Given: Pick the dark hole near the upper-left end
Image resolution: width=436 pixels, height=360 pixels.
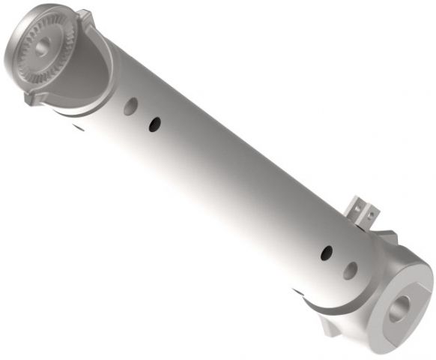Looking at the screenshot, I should (x=154, y=122).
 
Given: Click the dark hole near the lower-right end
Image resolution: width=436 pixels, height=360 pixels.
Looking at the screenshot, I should (x=327, y=253).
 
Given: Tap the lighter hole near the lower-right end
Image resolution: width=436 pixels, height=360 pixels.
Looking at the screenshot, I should (x=350, y=270).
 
